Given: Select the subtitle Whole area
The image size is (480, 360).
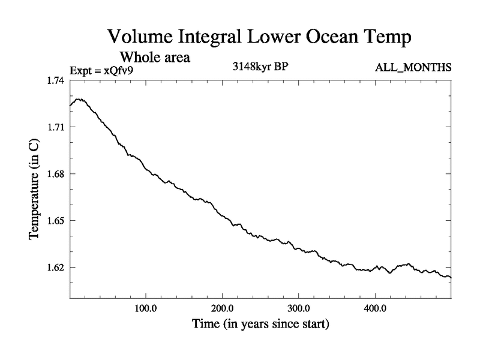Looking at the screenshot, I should (x=155, y=58).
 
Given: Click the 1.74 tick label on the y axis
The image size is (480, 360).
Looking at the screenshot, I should (x=57, y=80).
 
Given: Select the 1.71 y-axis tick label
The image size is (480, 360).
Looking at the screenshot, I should (x=57, y=127).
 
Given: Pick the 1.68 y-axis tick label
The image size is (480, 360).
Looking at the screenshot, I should (x=57, y=174).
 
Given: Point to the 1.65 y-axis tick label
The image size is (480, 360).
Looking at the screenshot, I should (x=57, y=221).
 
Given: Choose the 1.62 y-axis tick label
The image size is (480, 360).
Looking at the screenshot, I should (x=57, y=268).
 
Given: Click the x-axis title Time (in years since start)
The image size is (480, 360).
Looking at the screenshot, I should (x=260, y=325).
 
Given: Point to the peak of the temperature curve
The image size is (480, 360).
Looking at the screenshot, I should (x=79, y=99).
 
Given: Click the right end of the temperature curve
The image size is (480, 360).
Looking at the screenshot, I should (x=450, y=277).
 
